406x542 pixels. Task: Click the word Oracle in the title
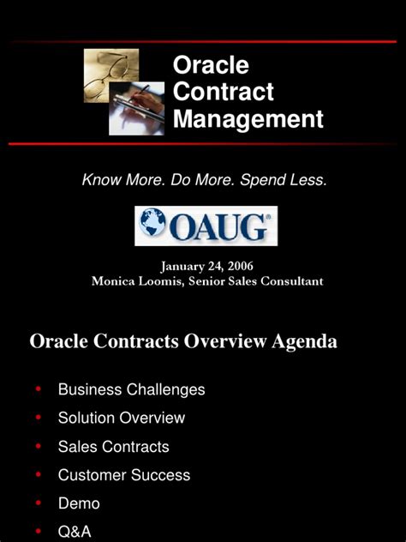(x=211, y=65)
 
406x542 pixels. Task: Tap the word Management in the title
(x=248, y=118)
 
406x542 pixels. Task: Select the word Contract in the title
(x=224, y=92)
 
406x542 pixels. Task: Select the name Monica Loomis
(x=132, y=281)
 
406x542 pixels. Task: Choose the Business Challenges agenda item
(x=131, y=389)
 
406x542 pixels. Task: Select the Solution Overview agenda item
(x=121, y=418)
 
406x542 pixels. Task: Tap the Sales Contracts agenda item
(x=113, y=446)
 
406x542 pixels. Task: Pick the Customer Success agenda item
(x=123, y=474)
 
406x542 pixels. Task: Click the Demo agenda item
(x=79, y=503)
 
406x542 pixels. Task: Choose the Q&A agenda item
(x=75, y=532)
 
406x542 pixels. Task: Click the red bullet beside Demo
(x=39, y=503)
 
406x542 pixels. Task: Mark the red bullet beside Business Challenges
(x=39, y=389)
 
